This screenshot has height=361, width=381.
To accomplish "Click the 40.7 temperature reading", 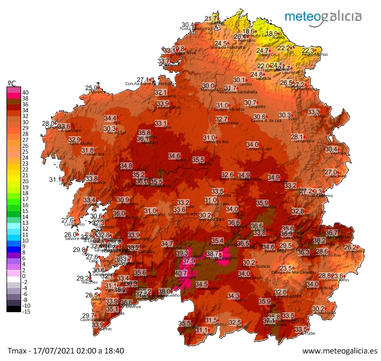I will pyautogui.click(x=181, y=274).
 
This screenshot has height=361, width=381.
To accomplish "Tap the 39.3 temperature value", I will pyautogui.click(x=182, y=254).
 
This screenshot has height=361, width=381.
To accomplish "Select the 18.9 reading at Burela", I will pyautogui.click(x=272, y=33).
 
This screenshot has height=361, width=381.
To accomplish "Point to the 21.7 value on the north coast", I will pyautogui.click(x=210, y=19).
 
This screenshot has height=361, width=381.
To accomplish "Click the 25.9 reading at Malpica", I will pyautogui.click(x=92, y=88).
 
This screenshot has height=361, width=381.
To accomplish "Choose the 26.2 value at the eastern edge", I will pyautogui.click(x=350, y=248).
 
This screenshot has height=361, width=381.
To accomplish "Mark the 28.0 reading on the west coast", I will pyautogui.click(x=49, y=123).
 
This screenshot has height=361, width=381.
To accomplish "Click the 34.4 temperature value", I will pyautogui.click(x=110, y=119).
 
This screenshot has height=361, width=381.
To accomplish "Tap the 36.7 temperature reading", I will pyautogui.click(x=332, y=233).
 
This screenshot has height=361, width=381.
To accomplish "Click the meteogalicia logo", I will pyautogui.click(x=323, y=16).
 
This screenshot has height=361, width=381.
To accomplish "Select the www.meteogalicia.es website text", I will pyautogui.click(x=339, y=351).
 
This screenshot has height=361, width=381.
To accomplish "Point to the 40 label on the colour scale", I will pyautogui.click(x=25, y=92).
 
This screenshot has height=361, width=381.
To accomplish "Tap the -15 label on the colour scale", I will pyautogui.click(x=26, y=312).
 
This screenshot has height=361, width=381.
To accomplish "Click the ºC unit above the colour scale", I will pyautogui.click(x=11, y=82).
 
